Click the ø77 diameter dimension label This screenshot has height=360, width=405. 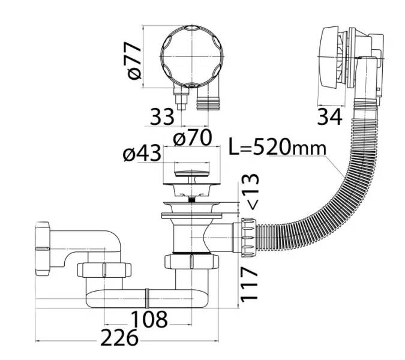(134, 60)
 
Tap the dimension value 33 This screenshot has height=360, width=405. (162, 116)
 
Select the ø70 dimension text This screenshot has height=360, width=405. (193, 137)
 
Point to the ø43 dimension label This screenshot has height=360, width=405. (142, 154)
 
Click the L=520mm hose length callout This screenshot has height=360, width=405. (278, 148)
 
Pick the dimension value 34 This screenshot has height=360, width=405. (329, 117)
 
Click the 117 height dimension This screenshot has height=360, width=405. (249, 284)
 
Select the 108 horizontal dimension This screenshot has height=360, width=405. (149, 319)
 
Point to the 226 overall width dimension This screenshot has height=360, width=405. (119, 338)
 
